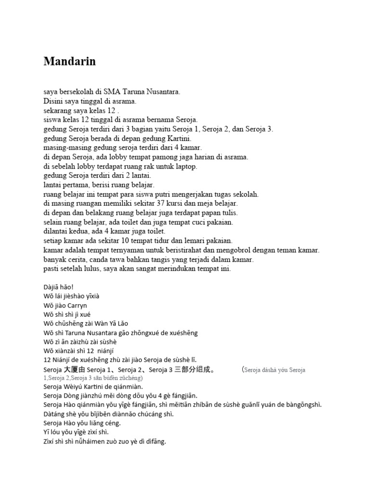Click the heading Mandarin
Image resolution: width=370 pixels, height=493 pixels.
click(x=69, y=62)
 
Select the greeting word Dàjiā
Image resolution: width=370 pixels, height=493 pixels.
click(x=52, y=287)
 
